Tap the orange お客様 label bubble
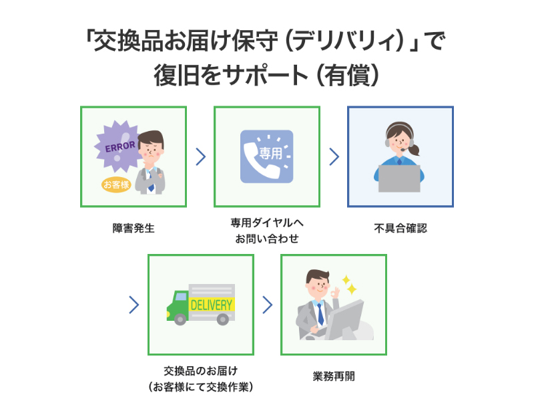[x=115, y=185]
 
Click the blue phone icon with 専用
[x=266, y=156]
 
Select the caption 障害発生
[x=133, y=228]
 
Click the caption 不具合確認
[x=400, y=228]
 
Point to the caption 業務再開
[x=334, y=376]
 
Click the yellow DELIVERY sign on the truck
[x=212, y=305]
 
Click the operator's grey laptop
[x=399, y=178]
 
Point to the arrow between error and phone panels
[x=200, y=157]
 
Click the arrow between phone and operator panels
[x=334, y=157]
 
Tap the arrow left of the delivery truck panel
[x=133, y=305]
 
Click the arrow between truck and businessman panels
[x=267, y=305]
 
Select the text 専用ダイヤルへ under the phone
[x=267, y=222]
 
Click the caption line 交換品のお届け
[x=200, y=370]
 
